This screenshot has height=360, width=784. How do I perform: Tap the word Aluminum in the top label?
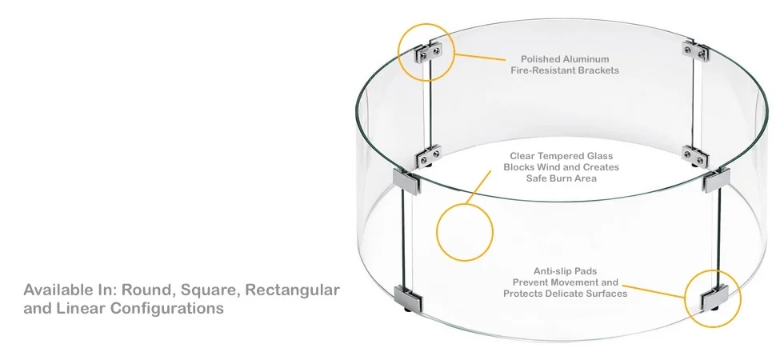586,58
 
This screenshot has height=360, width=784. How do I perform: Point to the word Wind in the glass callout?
547,167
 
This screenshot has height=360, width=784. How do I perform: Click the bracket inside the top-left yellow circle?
429,53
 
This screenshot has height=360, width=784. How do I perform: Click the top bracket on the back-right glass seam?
694,52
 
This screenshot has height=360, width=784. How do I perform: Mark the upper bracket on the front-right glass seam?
712,182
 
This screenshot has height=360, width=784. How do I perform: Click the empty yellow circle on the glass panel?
464,232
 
